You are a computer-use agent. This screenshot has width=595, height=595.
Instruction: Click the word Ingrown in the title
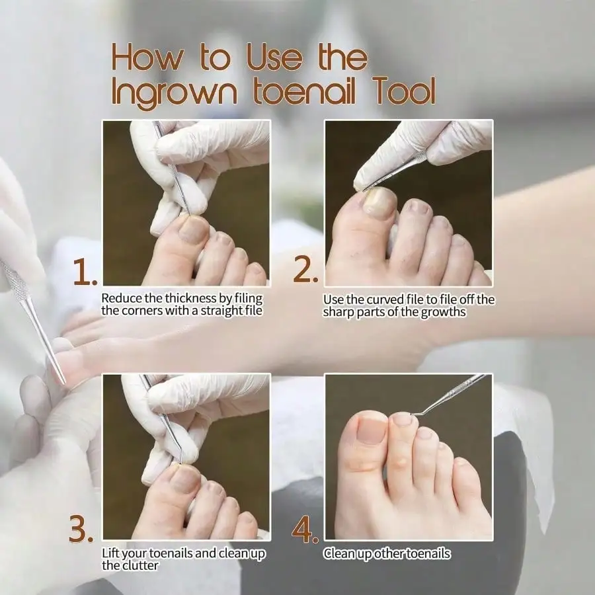[175, 91]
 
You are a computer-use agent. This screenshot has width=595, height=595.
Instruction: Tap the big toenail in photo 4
[371, 430]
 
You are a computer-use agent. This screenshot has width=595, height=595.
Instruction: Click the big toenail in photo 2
[379, 203]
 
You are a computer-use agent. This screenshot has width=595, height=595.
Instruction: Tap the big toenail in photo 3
[184, 479]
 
